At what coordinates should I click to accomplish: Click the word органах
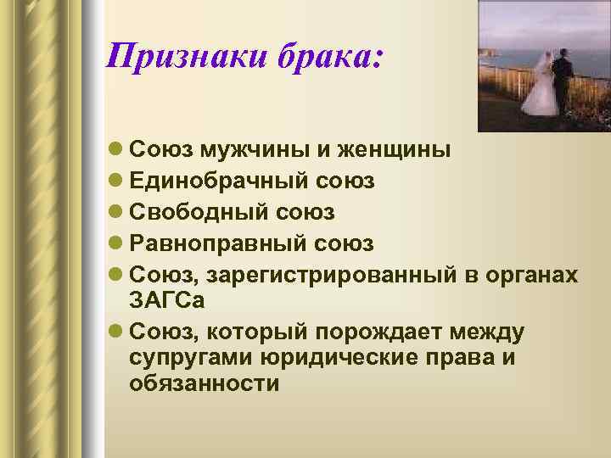(x=526, y=274)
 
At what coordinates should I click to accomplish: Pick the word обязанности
(x=205, y=383)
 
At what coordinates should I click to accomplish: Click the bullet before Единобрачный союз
(x=115, y=182)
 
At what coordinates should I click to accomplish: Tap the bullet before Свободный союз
(x=115, y=212)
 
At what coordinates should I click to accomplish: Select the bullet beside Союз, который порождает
(x=115, y=331)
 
